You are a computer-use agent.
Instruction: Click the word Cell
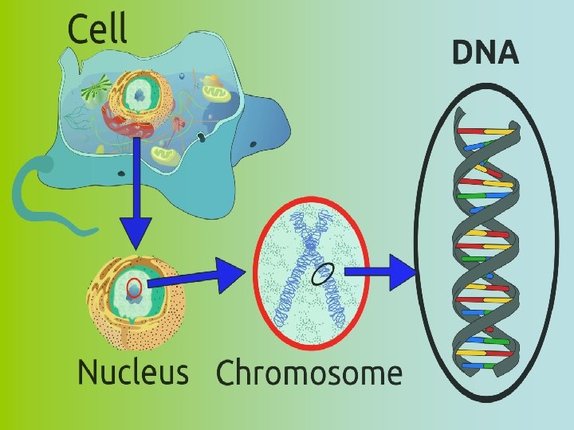[97, 29]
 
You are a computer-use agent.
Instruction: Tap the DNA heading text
[486, 53]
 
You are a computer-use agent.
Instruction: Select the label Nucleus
[132, 372]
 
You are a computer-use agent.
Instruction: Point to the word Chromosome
[309, 373]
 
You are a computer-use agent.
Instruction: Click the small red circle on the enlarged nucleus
[135, 287]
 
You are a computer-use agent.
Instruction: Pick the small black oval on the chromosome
[322, 274]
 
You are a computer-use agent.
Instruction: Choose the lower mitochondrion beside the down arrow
[167, 150]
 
